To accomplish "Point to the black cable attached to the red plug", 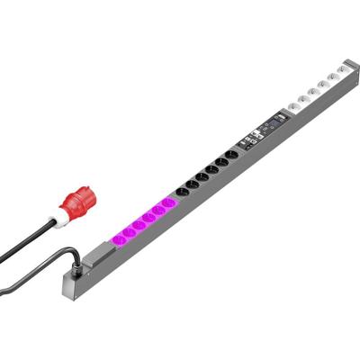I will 27,243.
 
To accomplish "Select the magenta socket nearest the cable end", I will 117,238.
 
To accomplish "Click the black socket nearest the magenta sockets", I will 181,192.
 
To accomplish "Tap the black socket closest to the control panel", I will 233,154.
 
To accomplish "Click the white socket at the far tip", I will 343,70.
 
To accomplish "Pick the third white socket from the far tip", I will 320,87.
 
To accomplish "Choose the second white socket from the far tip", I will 332,79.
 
